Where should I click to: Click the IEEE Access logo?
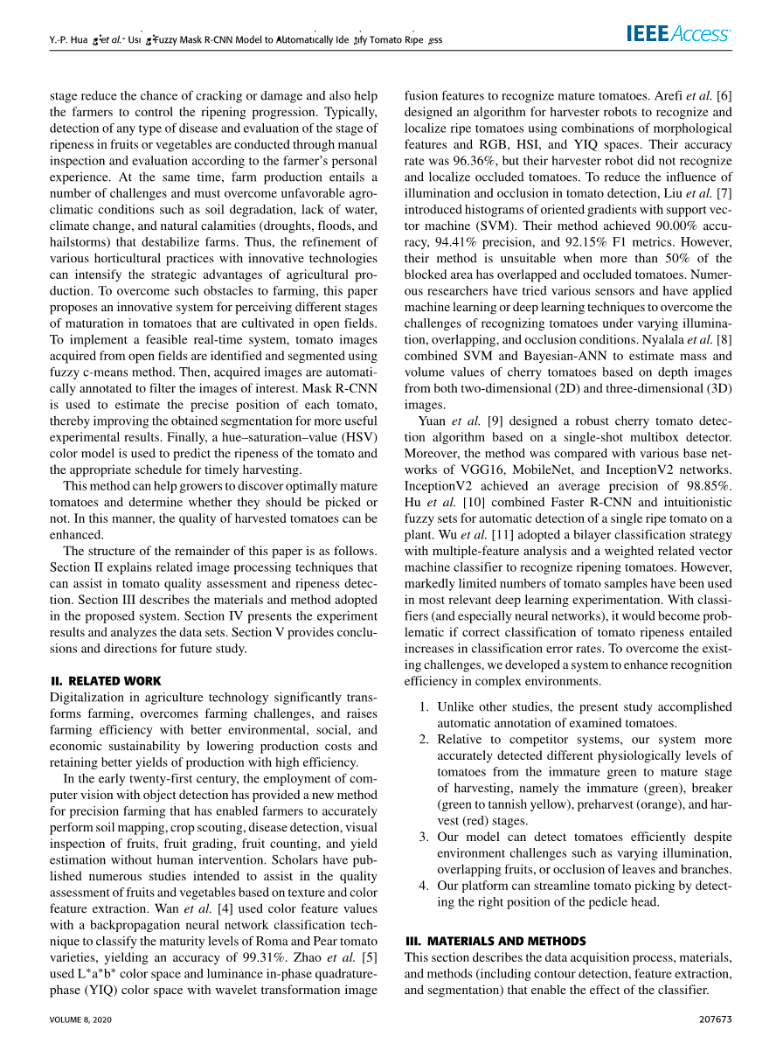[x=678, y=34]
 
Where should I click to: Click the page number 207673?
[x=716, y=1019]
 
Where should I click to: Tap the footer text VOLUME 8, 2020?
[x=81, y=1019]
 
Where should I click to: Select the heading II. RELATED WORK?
[x=106, y=681]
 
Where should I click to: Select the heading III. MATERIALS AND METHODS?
[x=495, y=941]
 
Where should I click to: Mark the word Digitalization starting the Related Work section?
[x=87, y=697]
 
